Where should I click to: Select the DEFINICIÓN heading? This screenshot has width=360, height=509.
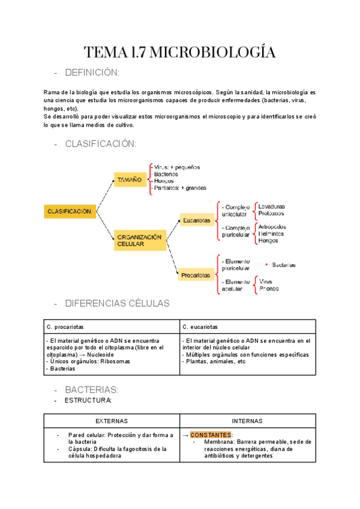pos(92,73)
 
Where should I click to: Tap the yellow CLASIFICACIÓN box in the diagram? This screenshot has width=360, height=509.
pos(70,211)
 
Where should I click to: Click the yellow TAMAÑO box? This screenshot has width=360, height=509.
pos(130,179)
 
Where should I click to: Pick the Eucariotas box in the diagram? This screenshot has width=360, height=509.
pos(196,221)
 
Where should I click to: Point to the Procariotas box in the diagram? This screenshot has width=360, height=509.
pos(196,276)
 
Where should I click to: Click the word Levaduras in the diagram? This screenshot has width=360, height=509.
pos(272,206)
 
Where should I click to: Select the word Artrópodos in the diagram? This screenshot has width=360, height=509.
pos(272,227)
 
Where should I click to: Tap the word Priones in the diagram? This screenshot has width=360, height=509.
pos(269,288)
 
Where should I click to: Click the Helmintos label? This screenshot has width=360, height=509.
pos(272,233)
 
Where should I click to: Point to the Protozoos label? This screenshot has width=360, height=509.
pos(271,213)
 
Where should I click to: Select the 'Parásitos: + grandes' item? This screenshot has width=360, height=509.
pos(179,188)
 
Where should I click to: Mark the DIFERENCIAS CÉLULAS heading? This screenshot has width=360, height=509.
pos(117,303)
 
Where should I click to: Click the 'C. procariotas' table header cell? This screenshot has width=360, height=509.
pos(65,327)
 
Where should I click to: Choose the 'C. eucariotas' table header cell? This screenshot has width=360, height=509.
pos(200,327)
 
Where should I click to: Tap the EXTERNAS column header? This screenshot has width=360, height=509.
pos(112,421)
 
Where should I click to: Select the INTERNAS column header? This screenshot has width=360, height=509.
pos(247,421)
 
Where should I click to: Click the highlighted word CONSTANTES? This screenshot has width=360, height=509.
pos(211,435)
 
